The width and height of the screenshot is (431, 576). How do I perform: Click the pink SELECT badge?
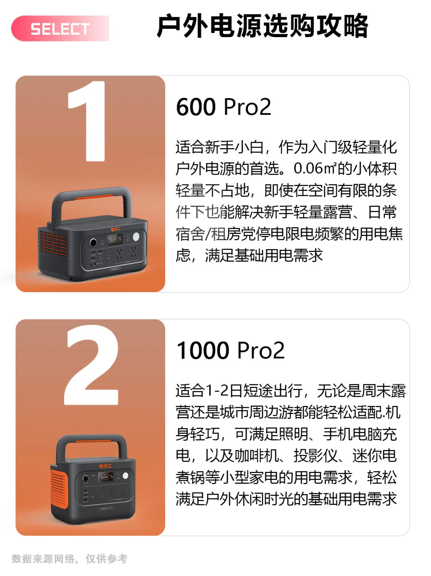pyautogui.click(x=60, y=29)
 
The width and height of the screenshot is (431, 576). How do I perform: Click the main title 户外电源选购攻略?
pyautogui.click(x=262, y=26)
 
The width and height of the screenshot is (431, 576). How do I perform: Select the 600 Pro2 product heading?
pyautogui.click(x=223, y=107)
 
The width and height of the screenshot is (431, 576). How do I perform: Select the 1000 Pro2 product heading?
pyautogui.click(x=231, y=350)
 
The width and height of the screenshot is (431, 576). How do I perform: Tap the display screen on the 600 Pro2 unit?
pyautogui.click(x=115, y=239)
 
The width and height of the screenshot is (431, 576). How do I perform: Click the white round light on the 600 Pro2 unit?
pyautogui.click(x=136, y=237)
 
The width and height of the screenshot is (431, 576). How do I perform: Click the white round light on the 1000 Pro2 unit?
pyautogui.click(x=125, y=475)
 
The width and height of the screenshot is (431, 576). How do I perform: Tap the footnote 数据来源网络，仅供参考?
pyautogui.click(x=69, y=559)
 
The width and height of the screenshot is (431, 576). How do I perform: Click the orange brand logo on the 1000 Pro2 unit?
pyautogui.click(x=105, y=466)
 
